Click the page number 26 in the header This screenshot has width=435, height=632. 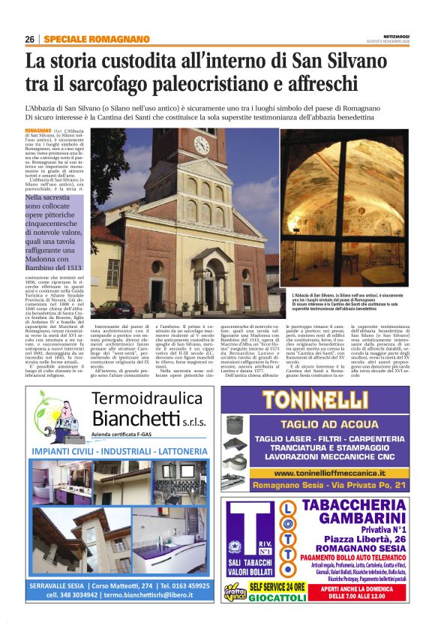tap(29, 39)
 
